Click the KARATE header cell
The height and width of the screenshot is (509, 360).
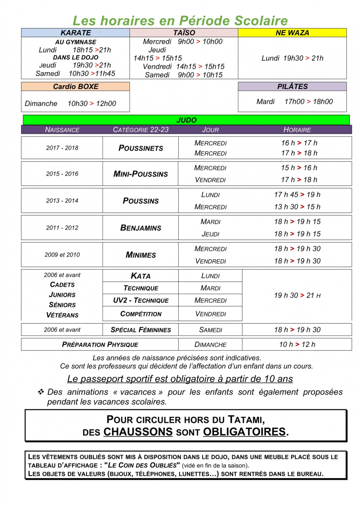point(76,33)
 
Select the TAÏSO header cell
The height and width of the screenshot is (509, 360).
point(184,33)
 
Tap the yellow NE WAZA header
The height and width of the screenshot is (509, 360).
point(292,33)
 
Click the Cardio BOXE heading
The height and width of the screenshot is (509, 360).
point(76,87)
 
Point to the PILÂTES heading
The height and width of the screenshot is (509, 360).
point(292,87)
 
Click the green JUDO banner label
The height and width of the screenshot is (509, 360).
point(186,120)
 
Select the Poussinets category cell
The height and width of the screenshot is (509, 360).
point(141,148)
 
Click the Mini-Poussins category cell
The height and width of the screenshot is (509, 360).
point(141,174)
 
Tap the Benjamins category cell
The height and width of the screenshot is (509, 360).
point(141,228)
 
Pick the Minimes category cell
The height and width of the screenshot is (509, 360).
point(141,255)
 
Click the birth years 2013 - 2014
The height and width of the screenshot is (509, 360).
point(62,201)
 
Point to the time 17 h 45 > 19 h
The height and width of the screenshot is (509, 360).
point(297,195)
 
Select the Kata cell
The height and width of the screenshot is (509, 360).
point(141,276)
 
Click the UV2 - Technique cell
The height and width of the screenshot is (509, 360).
point(141,300)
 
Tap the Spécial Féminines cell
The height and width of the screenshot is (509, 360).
point(141,330)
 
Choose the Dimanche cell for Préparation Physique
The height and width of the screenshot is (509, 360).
point(210,344)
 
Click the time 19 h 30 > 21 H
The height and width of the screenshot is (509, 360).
point(297,295)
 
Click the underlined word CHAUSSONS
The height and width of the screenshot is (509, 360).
point(138,432)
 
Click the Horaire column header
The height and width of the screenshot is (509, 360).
point(297,130)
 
